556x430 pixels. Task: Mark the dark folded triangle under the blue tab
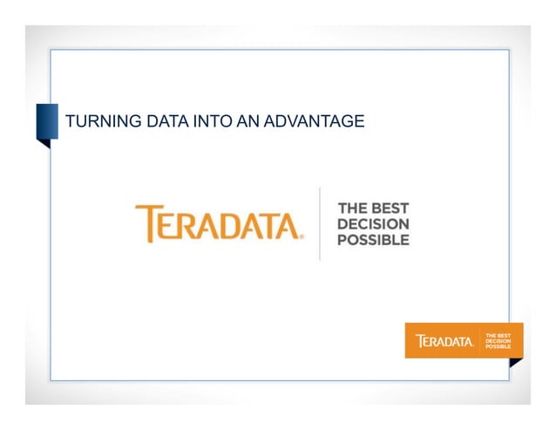[43, 143]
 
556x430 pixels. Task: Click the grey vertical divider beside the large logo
[320, 223]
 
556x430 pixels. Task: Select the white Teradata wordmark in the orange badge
[444, 340]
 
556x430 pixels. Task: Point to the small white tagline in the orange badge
[498, 340]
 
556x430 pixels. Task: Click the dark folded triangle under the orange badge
[516, 362]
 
